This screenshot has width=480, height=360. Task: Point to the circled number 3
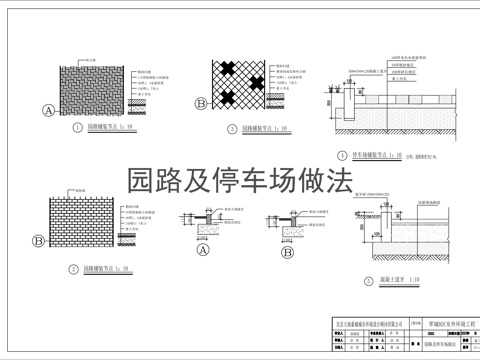pyautogui.click(x=232, y=128)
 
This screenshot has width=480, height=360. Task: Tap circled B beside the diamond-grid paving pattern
pyautogui.click(x=201, y=103)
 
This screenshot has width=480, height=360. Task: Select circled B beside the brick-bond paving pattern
pyautogui.click(x=38, y=240)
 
